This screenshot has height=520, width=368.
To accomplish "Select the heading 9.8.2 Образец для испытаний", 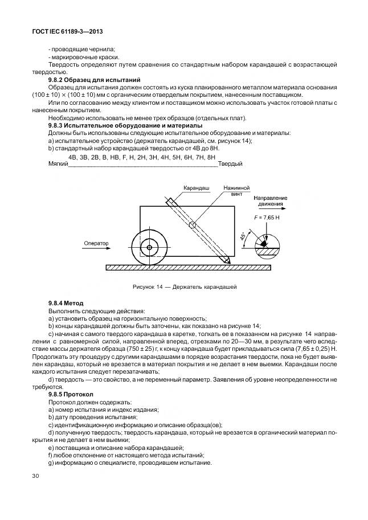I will coord(95,80).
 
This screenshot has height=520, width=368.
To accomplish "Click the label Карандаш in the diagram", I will coord(197,187).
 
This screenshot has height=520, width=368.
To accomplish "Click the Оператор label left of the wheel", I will coord(96,243).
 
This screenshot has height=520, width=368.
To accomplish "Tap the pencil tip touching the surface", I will coord(228,261).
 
